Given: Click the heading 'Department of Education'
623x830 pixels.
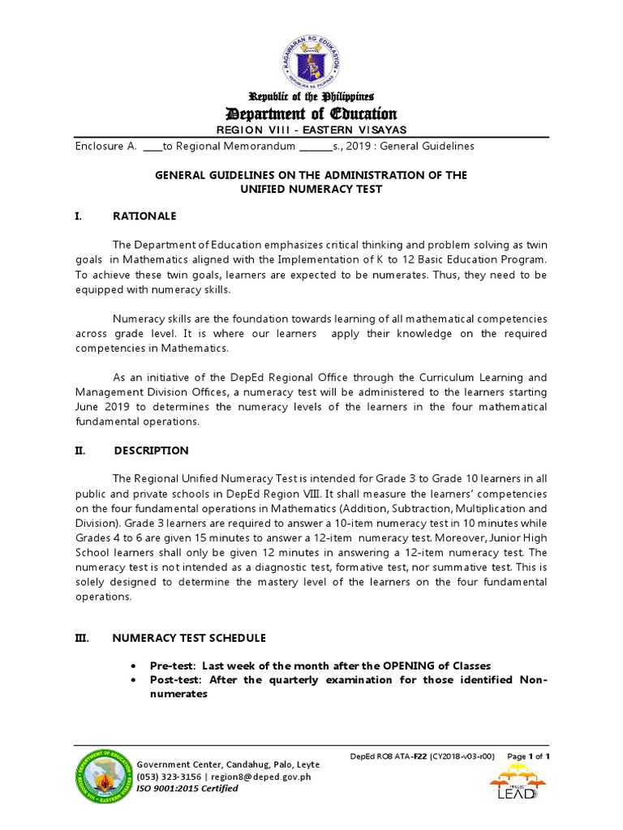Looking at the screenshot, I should click(311, 113).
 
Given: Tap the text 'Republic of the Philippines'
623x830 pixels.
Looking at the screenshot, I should click(311, 96).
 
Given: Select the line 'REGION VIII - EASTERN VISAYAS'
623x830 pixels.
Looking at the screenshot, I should click(311, 130).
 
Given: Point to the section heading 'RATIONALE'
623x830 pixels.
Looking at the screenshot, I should click(145, 216).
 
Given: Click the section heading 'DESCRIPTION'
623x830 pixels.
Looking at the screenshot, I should click(151, 451).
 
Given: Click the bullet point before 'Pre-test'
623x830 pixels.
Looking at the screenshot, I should click(132, 665).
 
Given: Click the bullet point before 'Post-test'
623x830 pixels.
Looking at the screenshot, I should click(132, 680).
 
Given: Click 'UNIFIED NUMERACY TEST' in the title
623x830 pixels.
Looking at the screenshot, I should click(311, 189).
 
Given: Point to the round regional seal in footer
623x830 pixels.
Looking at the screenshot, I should click(102, 777).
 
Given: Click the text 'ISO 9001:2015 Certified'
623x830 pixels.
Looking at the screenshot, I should click(187, 789).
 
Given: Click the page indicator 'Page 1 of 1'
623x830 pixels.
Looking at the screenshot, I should click(528, 756).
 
